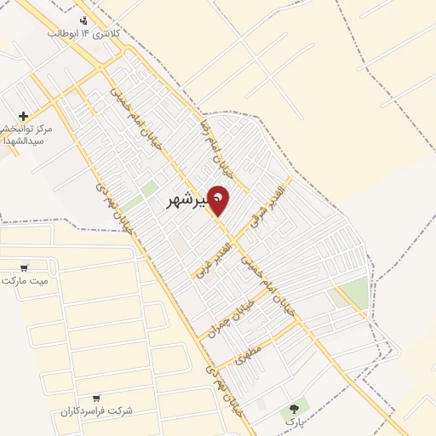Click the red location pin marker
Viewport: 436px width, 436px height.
[x=219, y=199]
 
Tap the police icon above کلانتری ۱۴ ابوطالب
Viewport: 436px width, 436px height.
[x=83, y=20]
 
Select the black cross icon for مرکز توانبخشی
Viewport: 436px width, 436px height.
[x=23, y=116]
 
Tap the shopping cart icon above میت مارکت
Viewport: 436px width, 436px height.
[x=25, y=267]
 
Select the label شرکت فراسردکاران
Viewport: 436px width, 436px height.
[x=96, y=410]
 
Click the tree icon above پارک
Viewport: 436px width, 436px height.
[x=294, y=409]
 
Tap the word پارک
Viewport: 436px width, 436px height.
[x=294, y=422]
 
